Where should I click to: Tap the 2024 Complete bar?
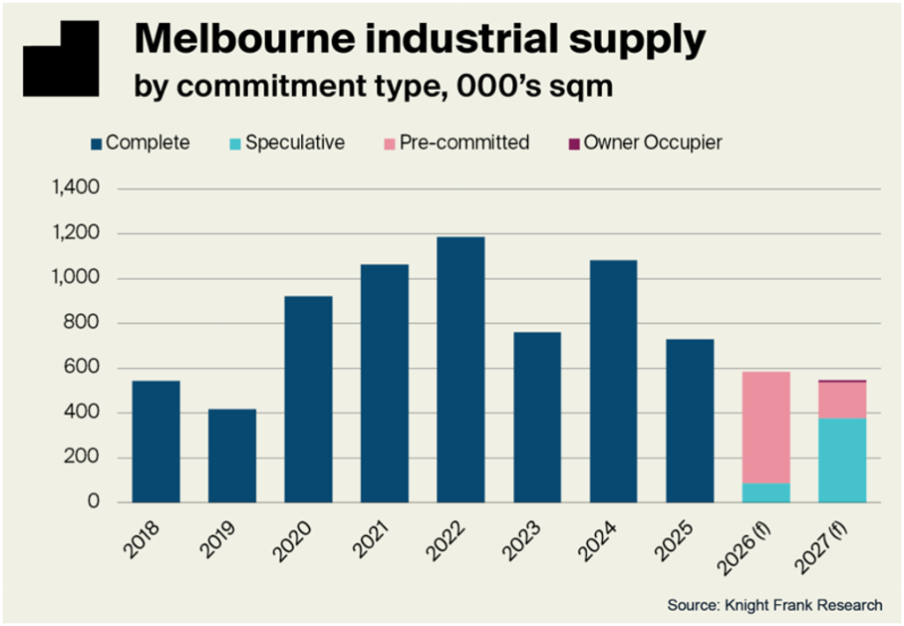[612, 381]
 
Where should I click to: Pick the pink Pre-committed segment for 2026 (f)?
[765, 426]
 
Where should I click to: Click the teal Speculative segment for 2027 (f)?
[841, 460]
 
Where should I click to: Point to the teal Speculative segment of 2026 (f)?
[765, 493]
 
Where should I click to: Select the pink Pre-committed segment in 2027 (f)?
[841, 400]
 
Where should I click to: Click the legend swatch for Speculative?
[234, 143]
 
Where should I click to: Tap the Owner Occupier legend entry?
[652, 142]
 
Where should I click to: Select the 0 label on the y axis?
[94, 502]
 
